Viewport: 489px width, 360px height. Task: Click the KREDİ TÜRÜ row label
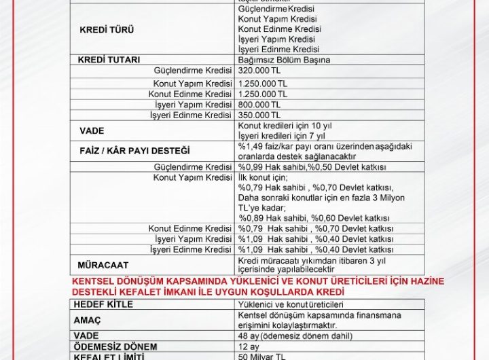pyautogui.click(x=107, y=31)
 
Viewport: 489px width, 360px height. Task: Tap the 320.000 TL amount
pyautogui.click(x=259, y=71)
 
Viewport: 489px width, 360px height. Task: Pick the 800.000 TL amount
pyautogui.click(x=259, y=105)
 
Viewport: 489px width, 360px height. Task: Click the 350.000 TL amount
pyautogui.click(x=259, y=115)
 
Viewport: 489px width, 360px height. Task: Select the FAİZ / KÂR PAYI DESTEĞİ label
pyautogui.click(x=134, y=150)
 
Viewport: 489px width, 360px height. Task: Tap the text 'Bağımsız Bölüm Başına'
pyautogui.click(x=284, y=60)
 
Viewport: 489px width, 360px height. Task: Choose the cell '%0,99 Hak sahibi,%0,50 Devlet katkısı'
pyautogui.click(x=312, y=167)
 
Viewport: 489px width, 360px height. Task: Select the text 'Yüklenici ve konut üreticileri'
pyautogui.click(x=291, y=304)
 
